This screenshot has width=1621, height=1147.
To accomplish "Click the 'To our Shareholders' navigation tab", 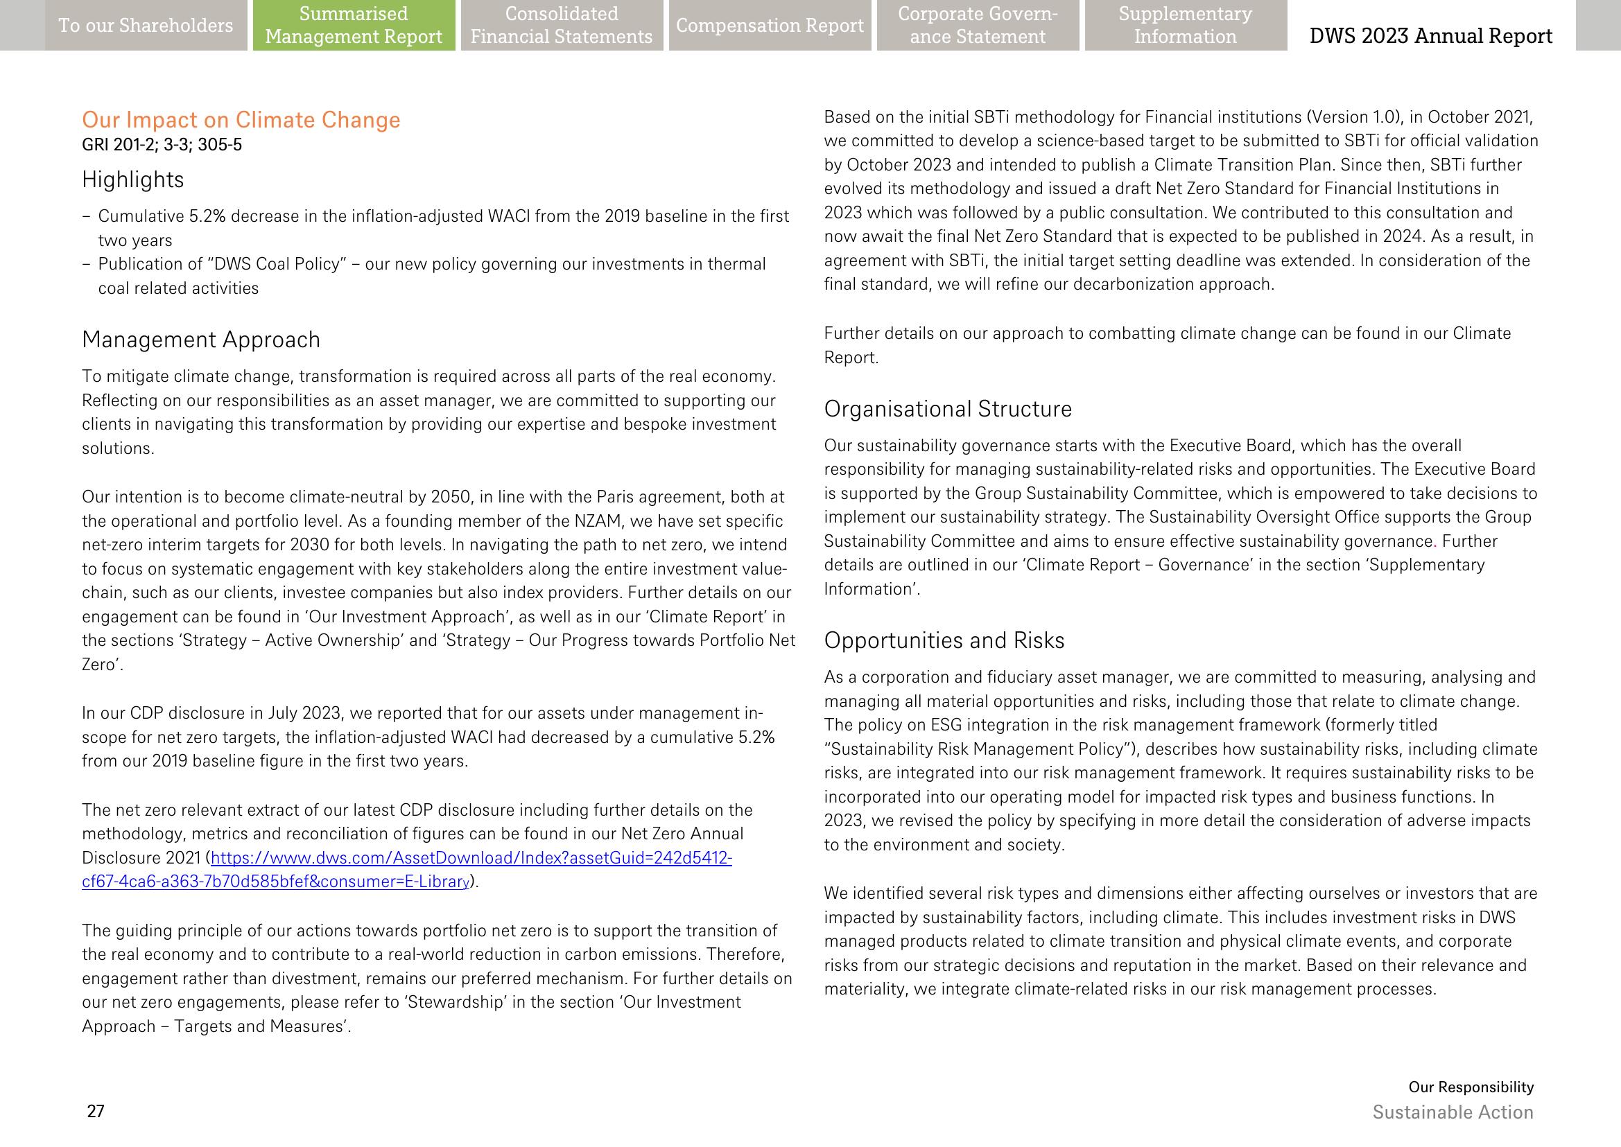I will point(146,26).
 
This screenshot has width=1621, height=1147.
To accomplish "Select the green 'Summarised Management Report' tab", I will point(354,26).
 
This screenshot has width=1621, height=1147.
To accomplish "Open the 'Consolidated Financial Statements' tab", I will point(561,26).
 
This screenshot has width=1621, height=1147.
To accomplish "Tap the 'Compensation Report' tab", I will point(770,26).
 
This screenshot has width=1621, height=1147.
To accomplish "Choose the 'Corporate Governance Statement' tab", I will point(978,26).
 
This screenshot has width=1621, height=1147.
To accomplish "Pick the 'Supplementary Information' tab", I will point(1185,26).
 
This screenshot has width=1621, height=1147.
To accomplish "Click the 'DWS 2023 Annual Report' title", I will point(1431,35).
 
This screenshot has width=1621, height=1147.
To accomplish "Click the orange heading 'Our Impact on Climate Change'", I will point(241,119).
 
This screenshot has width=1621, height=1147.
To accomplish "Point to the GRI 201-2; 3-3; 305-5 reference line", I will point(162,145).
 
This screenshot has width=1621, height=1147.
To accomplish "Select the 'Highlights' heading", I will point(133,180).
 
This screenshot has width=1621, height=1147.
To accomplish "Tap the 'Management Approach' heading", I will point(200,340).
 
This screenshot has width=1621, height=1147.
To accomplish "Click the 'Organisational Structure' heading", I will point(948,409).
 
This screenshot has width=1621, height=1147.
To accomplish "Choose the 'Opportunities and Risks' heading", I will point(944,640).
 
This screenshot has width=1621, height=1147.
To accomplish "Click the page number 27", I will point(96,1112).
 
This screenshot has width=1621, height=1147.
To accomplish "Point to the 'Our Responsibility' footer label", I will point(1471,1087).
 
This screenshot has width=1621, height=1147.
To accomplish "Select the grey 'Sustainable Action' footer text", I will point(1452,1112).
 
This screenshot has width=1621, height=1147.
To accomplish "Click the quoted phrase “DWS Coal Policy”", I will point(279,264).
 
